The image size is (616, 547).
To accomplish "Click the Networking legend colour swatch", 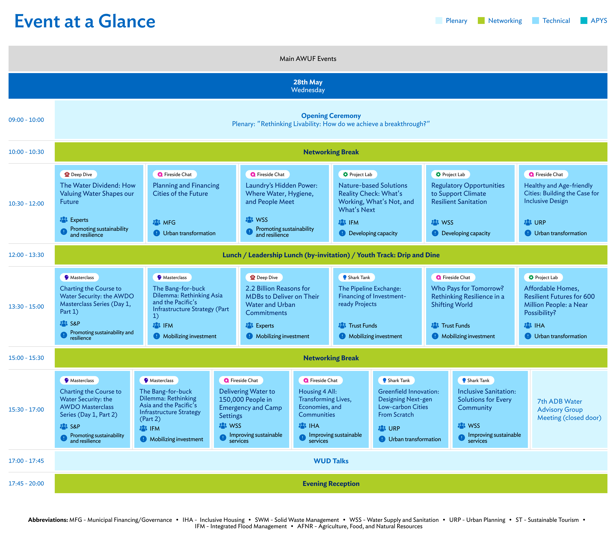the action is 481,21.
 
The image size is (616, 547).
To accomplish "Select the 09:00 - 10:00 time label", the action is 26,120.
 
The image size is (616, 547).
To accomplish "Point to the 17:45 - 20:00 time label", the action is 26,484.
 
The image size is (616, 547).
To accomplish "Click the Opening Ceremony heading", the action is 331,116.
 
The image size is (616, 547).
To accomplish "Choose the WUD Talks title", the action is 331,461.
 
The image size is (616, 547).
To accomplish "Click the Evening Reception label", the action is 331,484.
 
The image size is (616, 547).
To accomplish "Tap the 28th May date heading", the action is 308,82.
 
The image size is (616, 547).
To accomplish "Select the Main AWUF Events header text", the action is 308,59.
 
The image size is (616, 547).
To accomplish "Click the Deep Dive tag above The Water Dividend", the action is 78,174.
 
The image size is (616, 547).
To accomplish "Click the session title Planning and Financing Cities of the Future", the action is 186,189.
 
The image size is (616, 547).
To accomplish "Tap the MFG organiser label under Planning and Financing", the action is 169,222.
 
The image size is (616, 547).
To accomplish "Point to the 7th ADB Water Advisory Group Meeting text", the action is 569,409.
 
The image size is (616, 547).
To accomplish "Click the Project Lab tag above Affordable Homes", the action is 543,277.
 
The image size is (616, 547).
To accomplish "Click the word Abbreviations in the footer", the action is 48,520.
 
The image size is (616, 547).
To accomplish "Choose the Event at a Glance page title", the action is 85,21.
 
